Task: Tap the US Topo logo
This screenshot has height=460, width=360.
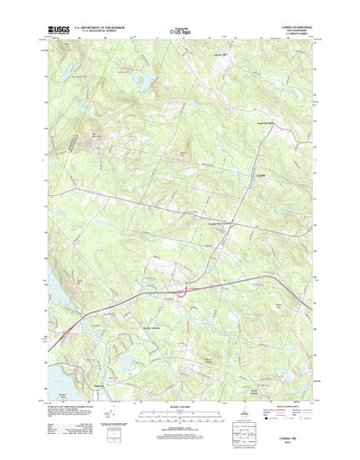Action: [179, 32]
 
